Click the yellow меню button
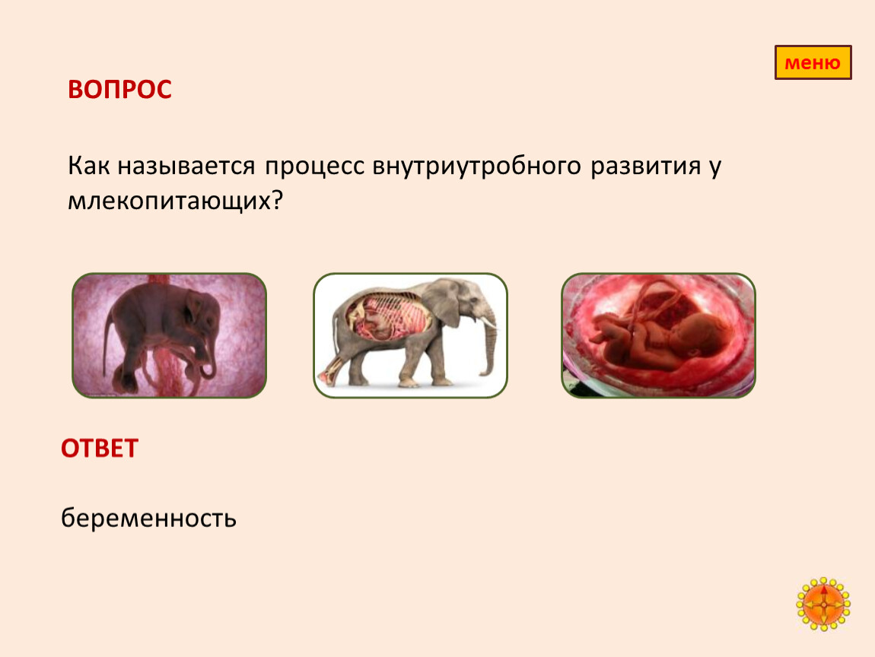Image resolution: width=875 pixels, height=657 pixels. pyautogui.click(x=813, y=62)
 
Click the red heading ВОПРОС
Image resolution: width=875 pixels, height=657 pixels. pyautogui.click(x=119, y=90)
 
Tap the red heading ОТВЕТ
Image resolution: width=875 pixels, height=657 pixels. pyautogui.click(x=100, y=449)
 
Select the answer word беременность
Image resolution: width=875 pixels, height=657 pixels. pyautogui.click(x=148, y=518)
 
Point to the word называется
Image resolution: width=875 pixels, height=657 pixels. pyautogui.click(x=186, y=166)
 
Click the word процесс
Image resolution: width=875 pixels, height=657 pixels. pyautogui.click(x=315, y=166)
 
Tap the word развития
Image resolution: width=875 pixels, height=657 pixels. pyautogui.click(x=646, y=166)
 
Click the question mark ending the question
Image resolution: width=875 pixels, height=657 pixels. pyautogui.click(x=278, y=199)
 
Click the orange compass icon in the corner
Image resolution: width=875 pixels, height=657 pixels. pyautogui.click(x=823, y=605)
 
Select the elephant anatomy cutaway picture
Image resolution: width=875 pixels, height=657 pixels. pyautogui.click(x=410, y=335)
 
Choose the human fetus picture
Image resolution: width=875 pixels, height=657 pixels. pyautogui.click(x=658, y=335)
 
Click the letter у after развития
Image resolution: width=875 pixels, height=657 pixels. pyautogui.click(x=715, y=169)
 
